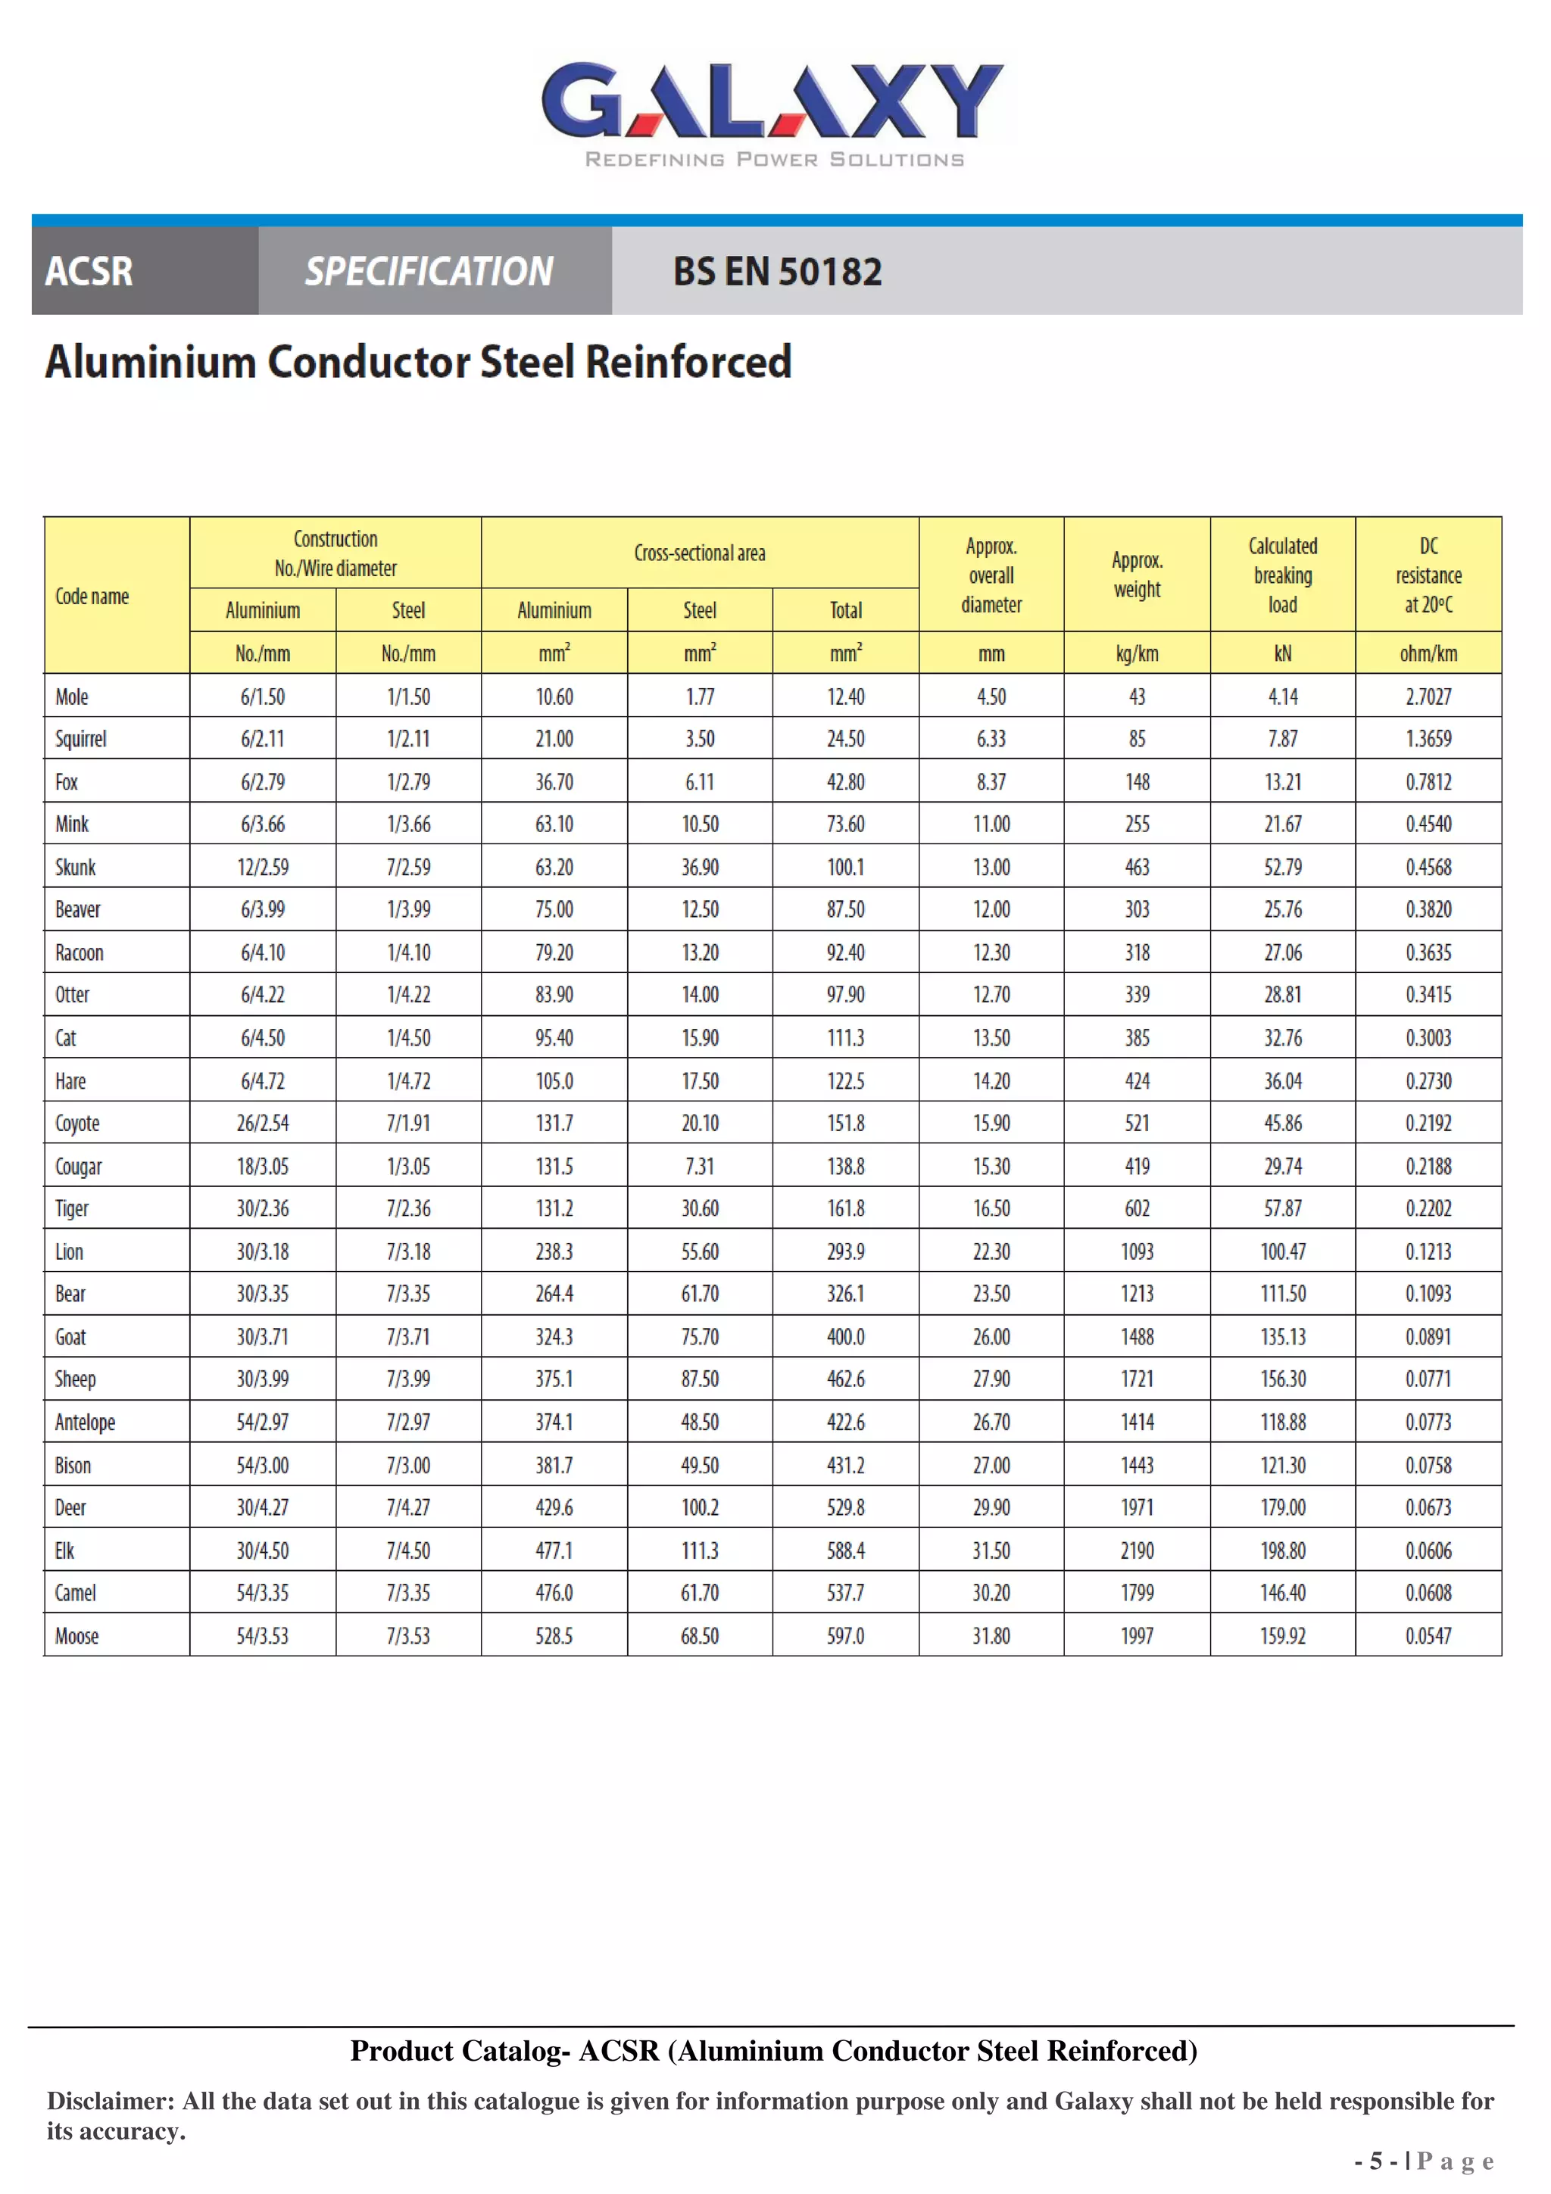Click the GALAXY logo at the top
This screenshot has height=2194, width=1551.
772,103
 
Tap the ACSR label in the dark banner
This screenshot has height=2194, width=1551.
89,271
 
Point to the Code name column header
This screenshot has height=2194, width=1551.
92,597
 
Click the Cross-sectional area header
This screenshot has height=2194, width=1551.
700,553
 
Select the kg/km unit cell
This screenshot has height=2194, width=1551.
1136,653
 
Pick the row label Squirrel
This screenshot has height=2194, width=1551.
81,739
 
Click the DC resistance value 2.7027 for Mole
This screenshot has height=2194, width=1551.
1428,697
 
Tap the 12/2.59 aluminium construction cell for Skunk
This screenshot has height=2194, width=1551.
263,867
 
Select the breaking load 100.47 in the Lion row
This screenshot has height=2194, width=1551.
1282,1251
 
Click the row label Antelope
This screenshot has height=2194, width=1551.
85,1422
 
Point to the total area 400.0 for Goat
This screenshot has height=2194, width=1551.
846,1337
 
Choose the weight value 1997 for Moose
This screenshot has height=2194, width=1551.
1136,1636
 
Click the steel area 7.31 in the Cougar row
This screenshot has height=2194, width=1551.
700,1166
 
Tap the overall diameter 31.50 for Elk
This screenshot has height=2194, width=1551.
991,1550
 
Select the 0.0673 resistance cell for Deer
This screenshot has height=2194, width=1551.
1428,1507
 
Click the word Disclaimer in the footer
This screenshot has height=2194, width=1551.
110,2102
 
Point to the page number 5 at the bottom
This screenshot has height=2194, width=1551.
1376,2161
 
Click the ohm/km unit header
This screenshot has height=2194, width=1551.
1428,653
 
